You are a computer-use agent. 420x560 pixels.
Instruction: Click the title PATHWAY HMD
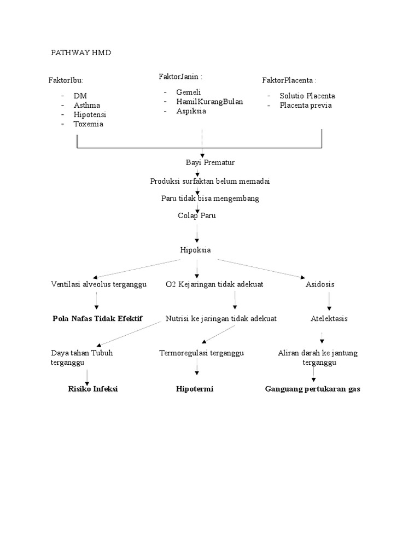coord(81,52)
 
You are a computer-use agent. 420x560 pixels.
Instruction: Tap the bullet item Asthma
coord(87,105)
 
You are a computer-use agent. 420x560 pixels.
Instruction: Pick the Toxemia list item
coord(89,124)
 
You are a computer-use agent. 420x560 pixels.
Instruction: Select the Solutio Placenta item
coord(307,95)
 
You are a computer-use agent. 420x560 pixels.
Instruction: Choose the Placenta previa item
coord(306,105)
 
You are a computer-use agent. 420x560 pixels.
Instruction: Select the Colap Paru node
coord(197,215)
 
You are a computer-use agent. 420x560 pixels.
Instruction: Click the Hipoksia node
coord(195,250)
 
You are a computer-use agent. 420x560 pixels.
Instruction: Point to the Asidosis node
coord(320,284)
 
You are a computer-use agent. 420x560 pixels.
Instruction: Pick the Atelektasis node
coord(329,318)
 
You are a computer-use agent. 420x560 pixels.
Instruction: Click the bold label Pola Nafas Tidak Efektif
coord(97,318)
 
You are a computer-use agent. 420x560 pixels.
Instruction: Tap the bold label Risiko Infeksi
coord(93,389)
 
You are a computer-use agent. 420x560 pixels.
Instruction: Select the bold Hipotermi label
coord(195,389)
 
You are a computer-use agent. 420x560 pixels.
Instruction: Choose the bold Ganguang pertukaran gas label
coord(313,389)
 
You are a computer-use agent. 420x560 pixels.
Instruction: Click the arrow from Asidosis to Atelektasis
coord(329,301)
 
